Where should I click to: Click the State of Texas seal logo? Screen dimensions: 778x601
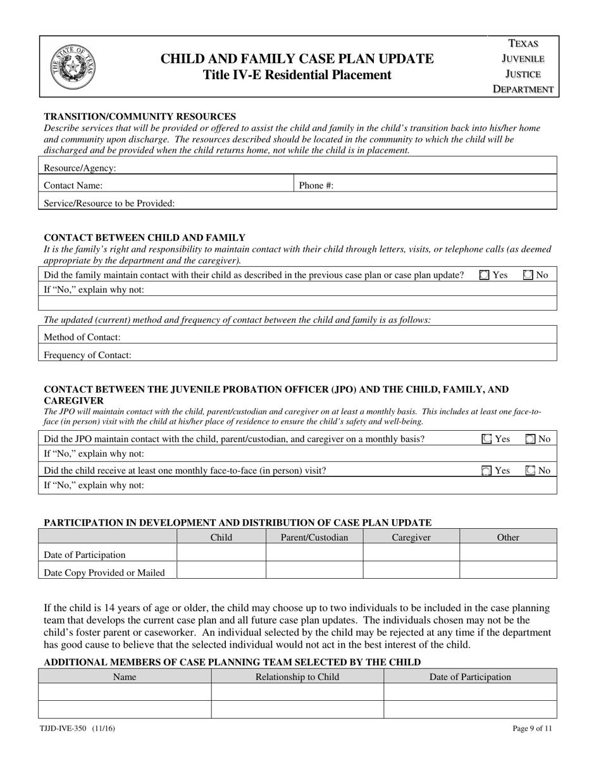coord(73,67)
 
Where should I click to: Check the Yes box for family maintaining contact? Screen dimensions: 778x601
coord(485,275)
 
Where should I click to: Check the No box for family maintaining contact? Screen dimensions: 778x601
coord(528,275)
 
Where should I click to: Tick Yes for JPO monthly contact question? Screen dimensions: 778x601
coord(486,439)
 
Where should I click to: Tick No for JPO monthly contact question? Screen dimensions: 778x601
coord(530,439)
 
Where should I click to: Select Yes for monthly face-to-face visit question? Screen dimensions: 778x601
coord(486,471)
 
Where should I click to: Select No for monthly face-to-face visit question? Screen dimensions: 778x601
coord(530,471)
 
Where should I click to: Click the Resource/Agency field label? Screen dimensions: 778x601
coord(80,168)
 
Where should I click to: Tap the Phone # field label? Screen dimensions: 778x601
coord(316,185)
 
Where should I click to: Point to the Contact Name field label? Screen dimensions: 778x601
coord(73,185)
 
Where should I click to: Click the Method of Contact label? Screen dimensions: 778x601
coord(82,337)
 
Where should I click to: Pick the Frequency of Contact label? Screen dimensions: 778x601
coord(87,355)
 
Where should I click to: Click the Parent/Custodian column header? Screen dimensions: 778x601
coord(314,537)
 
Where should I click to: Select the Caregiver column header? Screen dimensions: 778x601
coord(411,537)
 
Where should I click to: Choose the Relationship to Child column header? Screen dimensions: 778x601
coord(297,677)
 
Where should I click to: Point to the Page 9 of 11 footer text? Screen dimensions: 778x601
coord(532,728)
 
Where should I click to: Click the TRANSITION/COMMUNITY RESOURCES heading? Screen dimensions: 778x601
coord(140,116)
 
